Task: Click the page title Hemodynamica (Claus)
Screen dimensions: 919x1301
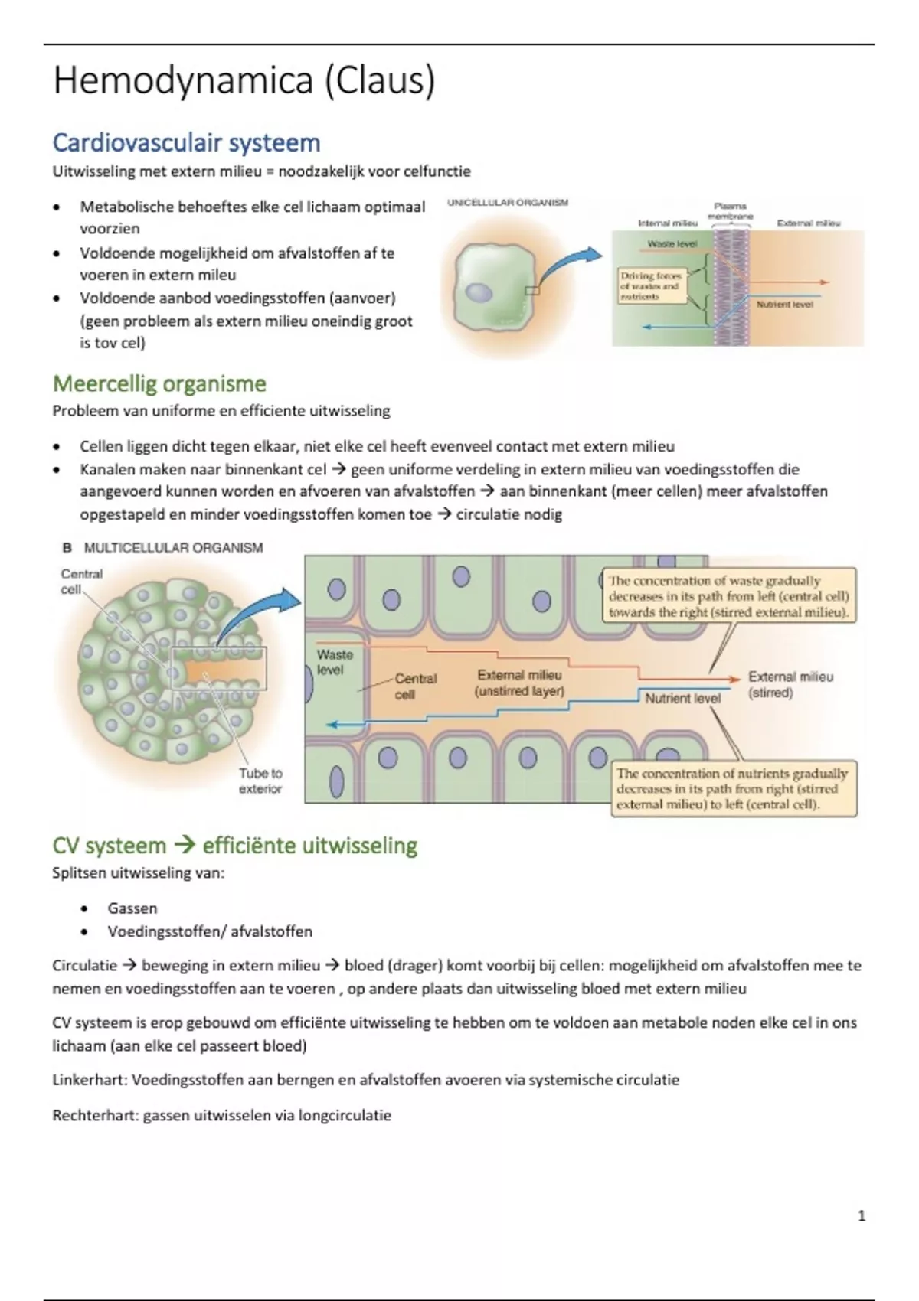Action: (x=244, y=80)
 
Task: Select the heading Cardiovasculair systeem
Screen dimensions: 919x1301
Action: (x=187, y=143)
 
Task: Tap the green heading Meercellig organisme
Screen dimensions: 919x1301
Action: (x=159, y=384)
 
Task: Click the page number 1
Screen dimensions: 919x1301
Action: (x=862, y=1215)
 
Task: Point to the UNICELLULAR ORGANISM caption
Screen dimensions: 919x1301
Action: (x=508, y=203)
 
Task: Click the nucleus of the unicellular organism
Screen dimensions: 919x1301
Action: (x=479, y=292)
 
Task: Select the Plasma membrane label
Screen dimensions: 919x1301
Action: (x=730, y=210)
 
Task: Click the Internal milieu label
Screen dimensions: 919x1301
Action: (x=667, y=223)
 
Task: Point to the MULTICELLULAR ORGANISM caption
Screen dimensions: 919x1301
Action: (x=173, y=548)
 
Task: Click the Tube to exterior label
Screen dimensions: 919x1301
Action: (x=260, y=781)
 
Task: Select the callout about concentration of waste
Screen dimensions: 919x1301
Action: (x=729, y=596)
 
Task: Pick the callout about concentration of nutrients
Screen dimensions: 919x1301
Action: (x=734, y=789)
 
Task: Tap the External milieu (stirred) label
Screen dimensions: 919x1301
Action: (x=790, y=684)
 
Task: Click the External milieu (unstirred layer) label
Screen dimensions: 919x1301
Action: (x=519, y=683)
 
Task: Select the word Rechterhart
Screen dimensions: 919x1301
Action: (x=95, y=1115)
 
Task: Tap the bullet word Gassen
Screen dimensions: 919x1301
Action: (x=132, y=908)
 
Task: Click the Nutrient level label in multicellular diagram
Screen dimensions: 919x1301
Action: (x=682, y=698)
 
